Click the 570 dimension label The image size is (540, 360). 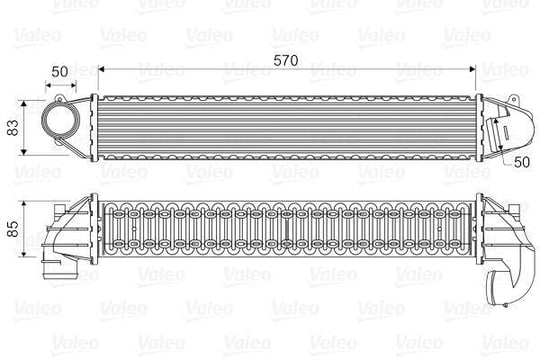tap(285, 61)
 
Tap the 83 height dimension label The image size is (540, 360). tap(13, 127)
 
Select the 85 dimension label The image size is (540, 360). tap(13, 229)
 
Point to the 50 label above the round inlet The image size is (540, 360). tap(60, 72)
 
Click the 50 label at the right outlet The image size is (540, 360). tap(521, 162)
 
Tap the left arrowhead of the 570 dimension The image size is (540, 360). tap(101, 69)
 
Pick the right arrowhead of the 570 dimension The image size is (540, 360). tap(472, 69)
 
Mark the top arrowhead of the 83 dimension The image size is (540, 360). tap(23, 104)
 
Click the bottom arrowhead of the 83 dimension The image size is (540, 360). tap(23, 152)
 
